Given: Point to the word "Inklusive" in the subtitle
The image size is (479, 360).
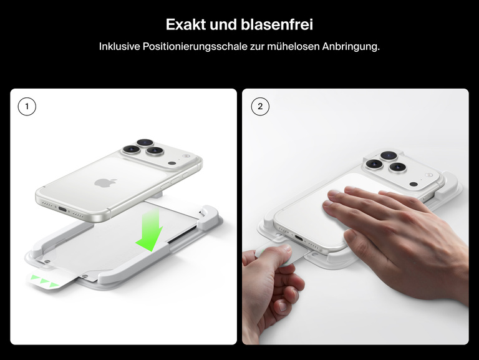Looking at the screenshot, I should pyautogui.click(x=120, y=47).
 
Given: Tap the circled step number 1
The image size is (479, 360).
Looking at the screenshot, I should pyautogui.click(x=27, y=107).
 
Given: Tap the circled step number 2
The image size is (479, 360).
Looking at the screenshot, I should pyautogui.click(x=260, y=107).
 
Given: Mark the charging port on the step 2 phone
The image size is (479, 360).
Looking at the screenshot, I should pyautogui.click(x=299, y=238).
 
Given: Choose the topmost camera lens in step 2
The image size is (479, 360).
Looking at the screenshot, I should pyautogui.click(x=388, y=155).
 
